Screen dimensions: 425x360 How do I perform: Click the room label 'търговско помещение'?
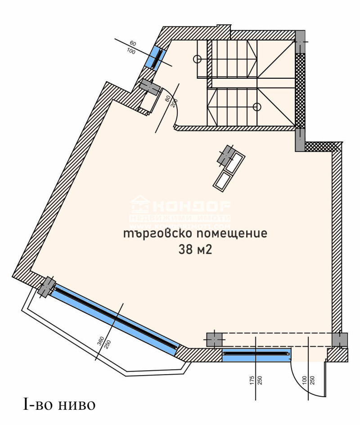(x=195, y=234)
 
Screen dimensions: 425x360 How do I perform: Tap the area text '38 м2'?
(x=195, y=251)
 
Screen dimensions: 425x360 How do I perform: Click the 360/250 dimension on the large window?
(x=105, y=344)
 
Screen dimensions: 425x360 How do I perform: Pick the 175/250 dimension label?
(x=256, y=381)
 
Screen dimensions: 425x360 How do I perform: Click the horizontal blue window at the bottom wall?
(x=256, y=354)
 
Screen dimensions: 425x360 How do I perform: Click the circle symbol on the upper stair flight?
(x=197, y=58)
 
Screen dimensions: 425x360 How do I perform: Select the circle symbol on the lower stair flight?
(x=256, y=107)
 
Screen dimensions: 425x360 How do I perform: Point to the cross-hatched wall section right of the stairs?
(x=300, y=90)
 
